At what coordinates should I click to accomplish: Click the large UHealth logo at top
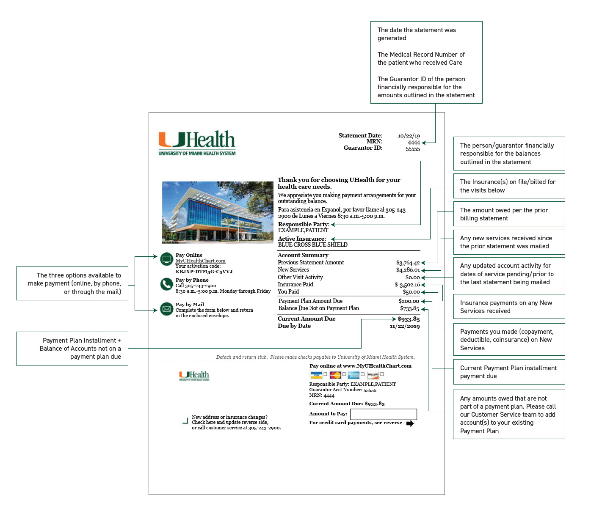click(x=197, y=143)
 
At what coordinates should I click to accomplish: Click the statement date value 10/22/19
click(x=409, y=136)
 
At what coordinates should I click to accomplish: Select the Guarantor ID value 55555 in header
click(x=412, y=149)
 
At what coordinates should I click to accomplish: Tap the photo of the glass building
click(x=217, y=212)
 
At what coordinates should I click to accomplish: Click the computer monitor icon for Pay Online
click(x=166, y=259)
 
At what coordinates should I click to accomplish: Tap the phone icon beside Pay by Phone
click(x=166, y=284)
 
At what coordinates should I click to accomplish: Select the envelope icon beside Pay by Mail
click(x=166, y=309)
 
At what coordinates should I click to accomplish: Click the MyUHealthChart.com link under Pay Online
click(x=200, y=261)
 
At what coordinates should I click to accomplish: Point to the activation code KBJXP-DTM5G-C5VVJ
click(x=204, y=272)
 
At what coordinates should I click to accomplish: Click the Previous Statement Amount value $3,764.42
click(x=408, y=263)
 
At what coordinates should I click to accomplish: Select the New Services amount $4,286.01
click(x=408, y=270)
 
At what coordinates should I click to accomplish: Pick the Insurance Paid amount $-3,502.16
click(x=407, y=285)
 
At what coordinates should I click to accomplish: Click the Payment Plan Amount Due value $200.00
click(x=409, y=301)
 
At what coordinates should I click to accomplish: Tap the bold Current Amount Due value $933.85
click(x=409, y=319)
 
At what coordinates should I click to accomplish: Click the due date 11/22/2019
click(x=405, y=326)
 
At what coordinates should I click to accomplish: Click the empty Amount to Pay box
click(x=383, y=414)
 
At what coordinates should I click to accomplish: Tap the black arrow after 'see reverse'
click(x=410, y=423)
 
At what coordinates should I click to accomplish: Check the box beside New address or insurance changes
click(x=185, y=421)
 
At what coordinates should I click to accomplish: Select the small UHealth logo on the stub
click(x=194, y=376)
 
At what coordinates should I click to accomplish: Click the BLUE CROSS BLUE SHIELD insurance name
click(x=312, y=245)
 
